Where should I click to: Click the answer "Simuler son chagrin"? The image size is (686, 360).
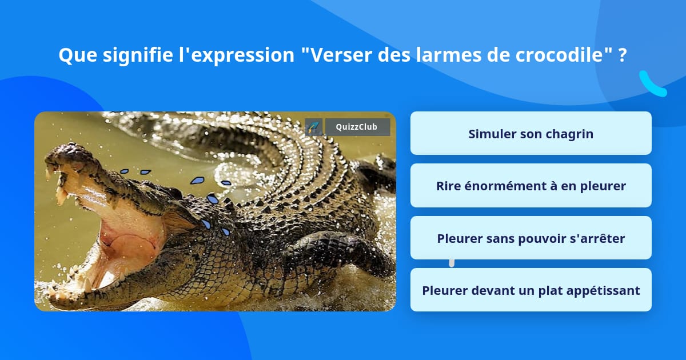coord(531,134)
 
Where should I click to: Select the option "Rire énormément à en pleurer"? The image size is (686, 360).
coord(531,186)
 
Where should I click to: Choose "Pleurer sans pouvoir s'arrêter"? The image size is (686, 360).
coord(531,238)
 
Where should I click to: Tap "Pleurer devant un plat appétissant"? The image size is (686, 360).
coord(531,290)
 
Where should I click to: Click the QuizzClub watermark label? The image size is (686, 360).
coord(357,127)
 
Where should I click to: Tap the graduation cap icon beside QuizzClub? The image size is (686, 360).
coord(313,127)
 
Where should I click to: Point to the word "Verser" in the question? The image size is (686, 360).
coord(341,55)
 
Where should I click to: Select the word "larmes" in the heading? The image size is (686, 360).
coord(449,55)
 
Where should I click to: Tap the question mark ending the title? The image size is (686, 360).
coord(622,55)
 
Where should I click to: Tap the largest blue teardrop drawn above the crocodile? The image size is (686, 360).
coord(198,181)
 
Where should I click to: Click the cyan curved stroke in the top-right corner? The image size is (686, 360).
coord(652,84)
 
